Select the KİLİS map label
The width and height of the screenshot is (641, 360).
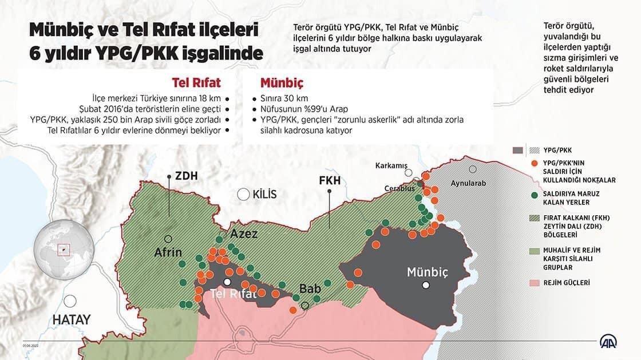click(264, 195)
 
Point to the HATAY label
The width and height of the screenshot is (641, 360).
click(72, 320)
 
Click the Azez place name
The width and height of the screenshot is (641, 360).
click(244, 234)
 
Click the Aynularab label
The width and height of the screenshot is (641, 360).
click(468, 183)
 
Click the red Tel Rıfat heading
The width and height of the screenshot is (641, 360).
click(196, 82)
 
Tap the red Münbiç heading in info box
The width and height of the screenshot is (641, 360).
click(281, 82)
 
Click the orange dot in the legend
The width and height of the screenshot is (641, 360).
click(533, 164)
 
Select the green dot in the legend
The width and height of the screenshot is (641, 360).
click(533, 195)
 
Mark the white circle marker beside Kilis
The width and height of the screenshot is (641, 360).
click(243, 194)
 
